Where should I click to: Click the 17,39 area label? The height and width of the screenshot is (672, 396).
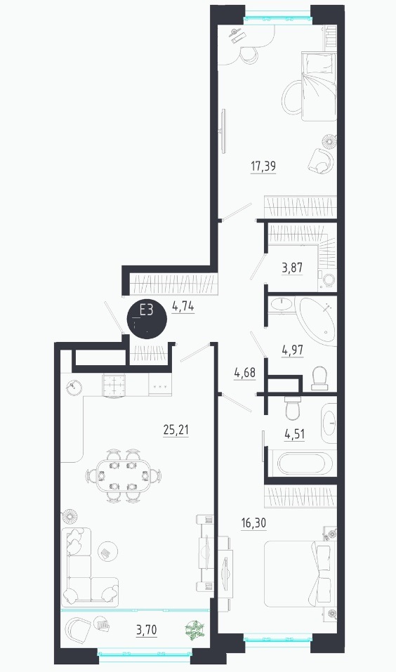263,166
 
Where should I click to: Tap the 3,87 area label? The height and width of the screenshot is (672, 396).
292,268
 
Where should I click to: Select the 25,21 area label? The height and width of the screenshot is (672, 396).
176,430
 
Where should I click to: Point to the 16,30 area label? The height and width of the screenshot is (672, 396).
253,523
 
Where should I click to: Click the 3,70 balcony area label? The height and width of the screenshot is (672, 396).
147,630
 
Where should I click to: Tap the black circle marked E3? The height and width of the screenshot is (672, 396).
147,318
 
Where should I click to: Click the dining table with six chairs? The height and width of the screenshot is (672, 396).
124,475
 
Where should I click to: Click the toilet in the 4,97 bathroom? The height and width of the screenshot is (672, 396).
319,379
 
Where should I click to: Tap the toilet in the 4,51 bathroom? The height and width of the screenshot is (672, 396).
294,409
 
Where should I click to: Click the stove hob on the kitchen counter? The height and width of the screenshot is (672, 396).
114,384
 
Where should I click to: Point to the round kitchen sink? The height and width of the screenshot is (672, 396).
74,387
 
